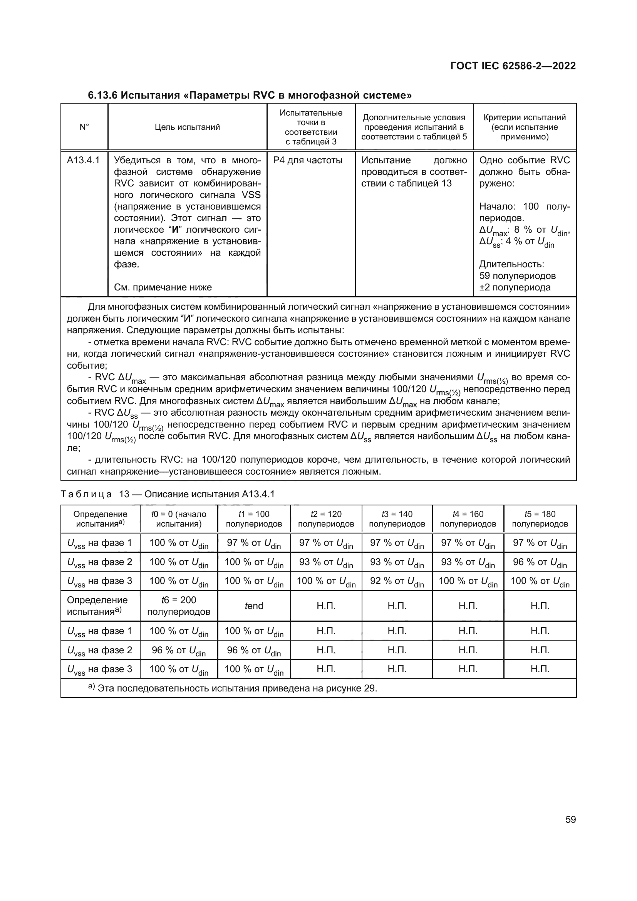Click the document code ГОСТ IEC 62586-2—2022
tap(513, 66)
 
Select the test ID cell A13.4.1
tap(83, 160)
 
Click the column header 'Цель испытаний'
tap(187, 127)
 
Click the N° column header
tap(84, 127)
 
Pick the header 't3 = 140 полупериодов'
tap(397, 519)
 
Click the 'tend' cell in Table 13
tap(254, 606)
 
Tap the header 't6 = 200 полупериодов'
tap(178, 606)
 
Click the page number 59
tap(571, 819)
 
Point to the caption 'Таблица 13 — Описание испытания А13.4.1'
tap(168, 494)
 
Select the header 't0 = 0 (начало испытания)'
tap(178, 519)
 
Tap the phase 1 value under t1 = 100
tap(254, 544)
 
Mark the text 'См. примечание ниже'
tap(163, 287)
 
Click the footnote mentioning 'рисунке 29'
tap(233, 688)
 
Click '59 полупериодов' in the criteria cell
tap(517, 276)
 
